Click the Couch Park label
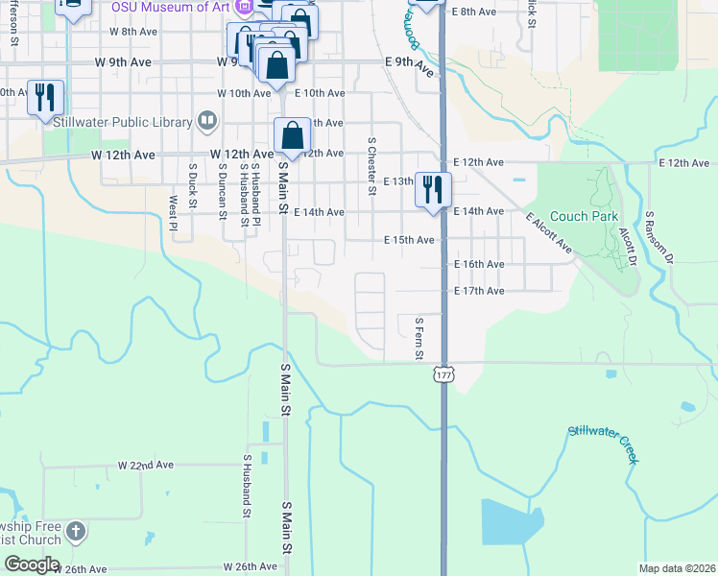point(585,217)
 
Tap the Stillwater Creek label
point(603,444)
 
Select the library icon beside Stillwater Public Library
point(206,120)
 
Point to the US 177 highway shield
point(443,374)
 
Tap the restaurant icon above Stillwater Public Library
point(45,97)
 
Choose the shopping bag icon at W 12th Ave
point(292,135)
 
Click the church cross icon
point(77,531)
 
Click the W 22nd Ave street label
point(146,465)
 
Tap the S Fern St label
point(419,339)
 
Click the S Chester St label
point(371,164)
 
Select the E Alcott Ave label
point(549,233)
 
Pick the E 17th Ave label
point(479,291)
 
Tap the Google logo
point(32,564)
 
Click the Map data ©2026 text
point(677,568)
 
